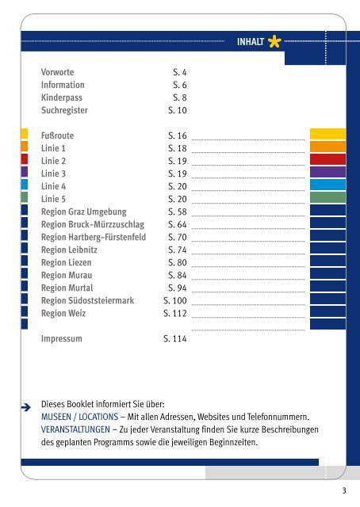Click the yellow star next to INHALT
[x=274, y=41]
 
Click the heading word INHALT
[x=251, y=42]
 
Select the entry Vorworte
[x=57, y=72]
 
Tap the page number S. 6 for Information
[x=180, y=85]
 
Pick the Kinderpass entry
[x=62, y=97]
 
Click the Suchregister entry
[x=64, y=110]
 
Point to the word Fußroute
[x=57, y=135]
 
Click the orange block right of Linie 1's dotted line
[x=327, y=147]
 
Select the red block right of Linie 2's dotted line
[x=327, y=159]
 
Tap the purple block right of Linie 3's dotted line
[x=327, y=172]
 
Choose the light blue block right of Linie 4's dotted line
[x=327, y=185]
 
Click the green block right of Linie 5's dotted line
[x=327, y=197]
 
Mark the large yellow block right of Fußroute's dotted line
[x=327, y=134]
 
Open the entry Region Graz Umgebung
[x=83, y=212]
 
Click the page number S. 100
[x=174, y=301]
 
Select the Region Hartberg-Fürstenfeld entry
[x=94, y=237]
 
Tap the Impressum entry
[x=62, y=339]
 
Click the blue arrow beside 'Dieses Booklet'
[x=26, y=407]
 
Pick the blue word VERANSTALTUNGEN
[x=75, y=429]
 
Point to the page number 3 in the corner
[x=344, y=490]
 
